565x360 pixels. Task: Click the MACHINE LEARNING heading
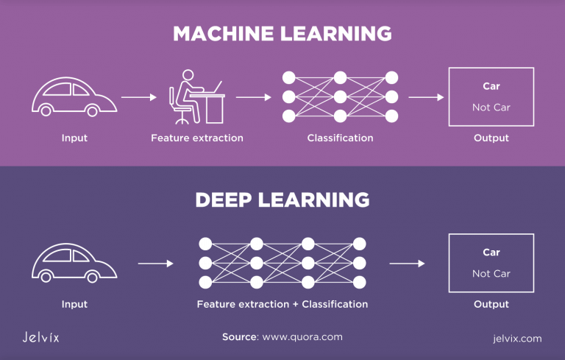(x=282, y=34)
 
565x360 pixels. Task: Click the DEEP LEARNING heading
(x=282, y=200)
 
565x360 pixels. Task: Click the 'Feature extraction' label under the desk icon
(x=196, y=138)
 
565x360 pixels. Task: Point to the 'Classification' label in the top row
(x=340, y=138)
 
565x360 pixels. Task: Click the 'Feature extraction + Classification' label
(x=282, y=304)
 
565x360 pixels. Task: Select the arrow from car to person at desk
(x=138, y=96)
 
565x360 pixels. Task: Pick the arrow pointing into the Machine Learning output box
(x=426, y=96)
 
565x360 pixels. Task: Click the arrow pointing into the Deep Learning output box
(x=407, y=263)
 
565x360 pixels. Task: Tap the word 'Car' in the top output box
(x=491, y=86)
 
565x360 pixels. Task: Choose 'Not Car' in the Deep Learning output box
(x=491, y=274)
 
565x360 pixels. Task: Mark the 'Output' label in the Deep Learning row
(x=491, y=304)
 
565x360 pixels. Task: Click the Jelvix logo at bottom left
(x=40, y=338)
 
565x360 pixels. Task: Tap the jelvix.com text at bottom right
(x=517, y=339)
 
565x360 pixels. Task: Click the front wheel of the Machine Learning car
(x=90, y=111)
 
